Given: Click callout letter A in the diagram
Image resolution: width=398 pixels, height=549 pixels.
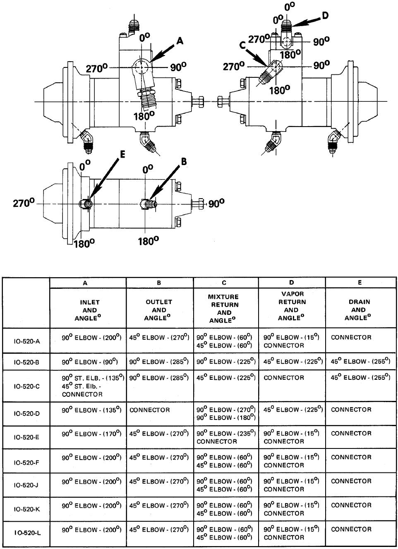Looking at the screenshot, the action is [x=180, y=41].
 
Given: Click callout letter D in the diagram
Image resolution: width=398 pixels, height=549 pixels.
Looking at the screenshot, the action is [x=325, y=16].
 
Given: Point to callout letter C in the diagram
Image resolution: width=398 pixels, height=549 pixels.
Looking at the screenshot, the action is [x=242, y=45].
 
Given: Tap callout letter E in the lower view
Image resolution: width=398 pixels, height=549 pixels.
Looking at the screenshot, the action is [x=122, y=154].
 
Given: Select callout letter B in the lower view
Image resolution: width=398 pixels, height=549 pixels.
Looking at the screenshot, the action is [x=184, y=161].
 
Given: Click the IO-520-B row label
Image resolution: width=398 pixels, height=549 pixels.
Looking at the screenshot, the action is [x=26, y=362].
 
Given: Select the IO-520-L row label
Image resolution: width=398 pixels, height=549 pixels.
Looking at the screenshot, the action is [x=27, y=532].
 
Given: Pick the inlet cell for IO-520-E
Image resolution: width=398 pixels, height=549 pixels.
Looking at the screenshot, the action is [x=91, y=434].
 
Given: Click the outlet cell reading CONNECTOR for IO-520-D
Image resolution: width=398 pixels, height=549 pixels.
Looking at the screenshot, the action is [x=149, y=410].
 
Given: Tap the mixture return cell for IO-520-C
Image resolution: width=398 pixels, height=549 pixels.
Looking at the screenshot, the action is [x=226, y=378].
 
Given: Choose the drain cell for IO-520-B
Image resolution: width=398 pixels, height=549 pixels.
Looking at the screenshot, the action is [x=360, y=362].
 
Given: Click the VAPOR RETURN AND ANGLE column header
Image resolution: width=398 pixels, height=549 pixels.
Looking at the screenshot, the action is [x=292, y=306].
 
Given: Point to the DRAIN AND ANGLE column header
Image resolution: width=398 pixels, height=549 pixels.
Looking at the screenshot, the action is [x=359, y=310].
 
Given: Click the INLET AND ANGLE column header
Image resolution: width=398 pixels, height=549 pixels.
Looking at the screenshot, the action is [x=88, y=310].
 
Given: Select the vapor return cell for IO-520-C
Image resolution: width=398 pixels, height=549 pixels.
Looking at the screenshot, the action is [x=284, y=378].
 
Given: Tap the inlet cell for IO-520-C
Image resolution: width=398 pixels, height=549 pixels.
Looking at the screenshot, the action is [x=93, y=386].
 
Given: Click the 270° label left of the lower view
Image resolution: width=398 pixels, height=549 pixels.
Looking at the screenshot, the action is [x=24, y=203].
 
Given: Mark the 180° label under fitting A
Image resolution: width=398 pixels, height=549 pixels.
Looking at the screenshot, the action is [x=144, y=116].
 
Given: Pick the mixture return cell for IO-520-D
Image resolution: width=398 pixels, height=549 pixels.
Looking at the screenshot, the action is [x=226, y=414].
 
